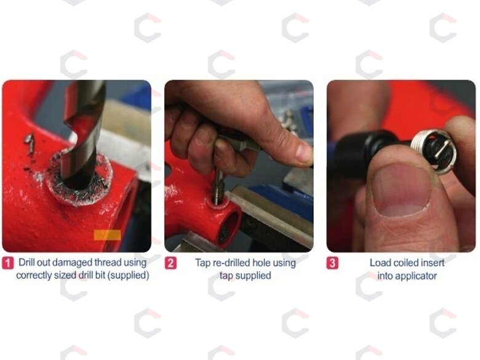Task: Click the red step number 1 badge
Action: [7, 263]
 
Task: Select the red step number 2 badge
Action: [170, 263]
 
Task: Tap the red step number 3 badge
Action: [332, 263]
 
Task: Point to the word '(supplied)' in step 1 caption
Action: [129, 275]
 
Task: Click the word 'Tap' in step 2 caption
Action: [202, 263]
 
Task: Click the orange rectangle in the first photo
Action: [107, 235]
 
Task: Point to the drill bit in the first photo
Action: [82, 132]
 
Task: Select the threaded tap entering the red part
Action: [219, 187]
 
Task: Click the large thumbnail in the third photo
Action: [402, 191]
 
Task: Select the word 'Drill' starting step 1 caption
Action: [26, 263]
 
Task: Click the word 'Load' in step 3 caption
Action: [379, 263]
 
